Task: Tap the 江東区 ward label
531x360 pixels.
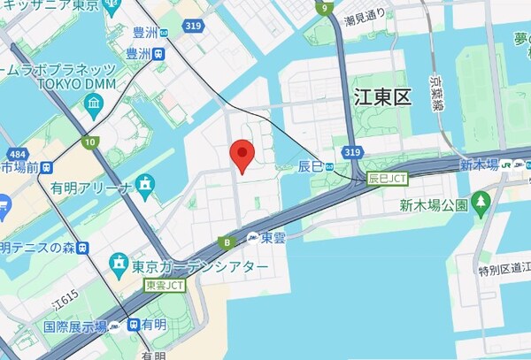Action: coord(381,97)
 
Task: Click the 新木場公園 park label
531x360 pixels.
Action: coord(432,206)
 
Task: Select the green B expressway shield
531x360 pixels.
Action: coord(228,242)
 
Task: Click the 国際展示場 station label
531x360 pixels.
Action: coord(76,326)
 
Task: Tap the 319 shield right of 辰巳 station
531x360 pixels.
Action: coord(352,152)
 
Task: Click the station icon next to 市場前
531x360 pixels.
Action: coord(47,166)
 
